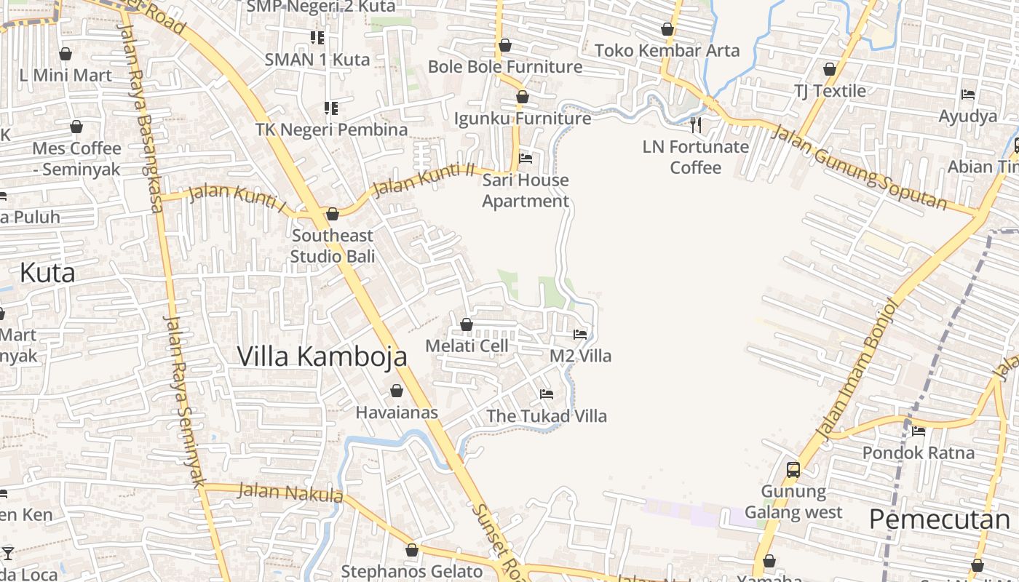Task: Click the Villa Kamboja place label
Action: click(322, 356)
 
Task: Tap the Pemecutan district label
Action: click(939, 519)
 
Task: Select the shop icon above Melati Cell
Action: click(467, 324)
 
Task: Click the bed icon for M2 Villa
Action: click(580, 335)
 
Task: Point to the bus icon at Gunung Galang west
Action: click(793, 470)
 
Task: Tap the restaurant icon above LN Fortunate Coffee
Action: click(696, 125)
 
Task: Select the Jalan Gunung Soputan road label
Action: click(859, 167)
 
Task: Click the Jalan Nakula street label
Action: click(290, 493)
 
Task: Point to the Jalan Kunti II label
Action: click(422, 180)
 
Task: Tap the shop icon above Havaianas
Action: click(397, 391)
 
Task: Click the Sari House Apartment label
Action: click(526, 191)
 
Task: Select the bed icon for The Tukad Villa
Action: click(547, 394)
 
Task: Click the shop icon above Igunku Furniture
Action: click(523, 97)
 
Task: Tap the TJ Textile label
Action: click(830, 91)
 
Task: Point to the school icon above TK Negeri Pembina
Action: click(331, 108)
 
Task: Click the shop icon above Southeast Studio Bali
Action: click(333, 214)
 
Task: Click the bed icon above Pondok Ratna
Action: click(919, 431)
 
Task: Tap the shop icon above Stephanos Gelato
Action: click(412, 550)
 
